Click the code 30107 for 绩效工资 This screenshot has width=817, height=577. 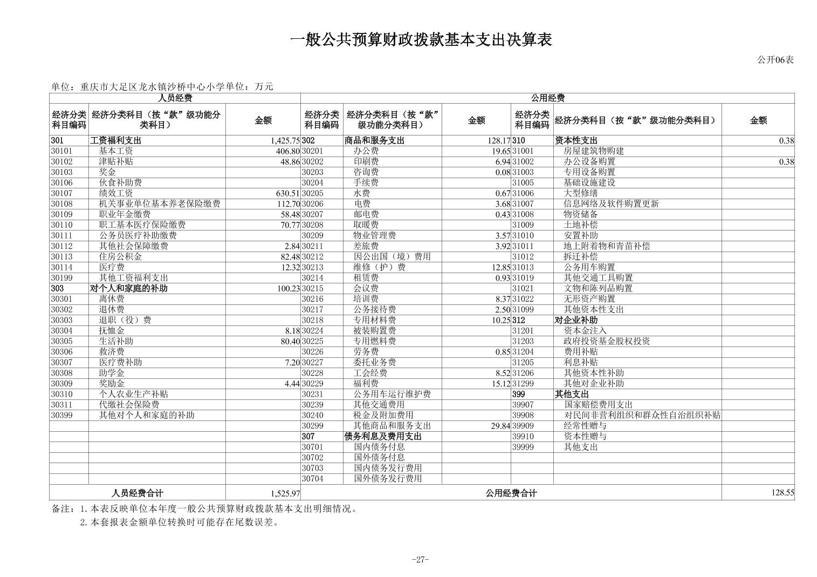[x=61, y=193]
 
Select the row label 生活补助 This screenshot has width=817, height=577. [x=116, y=341]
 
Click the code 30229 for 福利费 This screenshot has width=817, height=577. [x=312, y=383]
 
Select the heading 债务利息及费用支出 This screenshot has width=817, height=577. [x=383, y=436]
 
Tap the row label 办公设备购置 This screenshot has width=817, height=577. [x=589, y=161]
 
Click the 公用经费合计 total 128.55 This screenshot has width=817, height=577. [x=782, y=493]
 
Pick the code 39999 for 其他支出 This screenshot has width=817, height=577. [x=523, y=447]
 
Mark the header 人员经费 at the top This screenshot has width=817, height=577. [x=175, y=98]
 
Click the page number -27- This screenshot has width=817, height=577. [x=420, y=559]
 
